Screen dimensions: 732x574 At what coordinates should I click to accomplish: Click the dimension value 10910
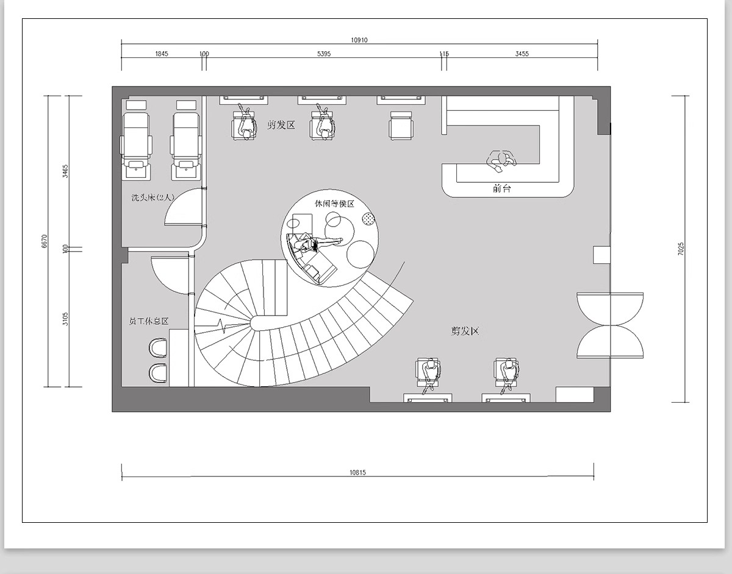click(359, 40)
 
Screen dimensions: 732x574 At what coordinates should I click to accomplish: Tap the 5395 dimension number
click(324, 54)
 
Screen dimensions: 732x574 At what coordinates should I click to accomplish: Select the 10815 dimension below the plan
click(357, 472)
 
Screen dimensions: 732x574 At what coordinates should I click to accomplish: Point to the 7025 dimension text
click(681, 249)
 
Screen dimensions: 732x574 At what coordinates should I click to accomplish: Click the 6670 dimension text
click(45, 241)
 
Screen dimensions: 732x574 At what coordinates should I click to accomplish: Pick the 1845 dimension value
click(162, 54)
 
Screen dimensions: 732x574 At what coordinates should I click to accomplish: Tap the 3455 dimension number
click(522, 54)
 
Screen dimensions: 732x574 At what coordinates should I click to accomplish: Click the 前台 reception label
click(501, 188)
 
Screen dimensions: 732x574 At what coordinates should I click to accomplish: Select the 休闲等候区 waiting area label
click(334, 204)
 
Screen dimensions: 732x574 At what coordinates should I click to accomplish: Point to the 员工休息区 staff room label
click(149, 321)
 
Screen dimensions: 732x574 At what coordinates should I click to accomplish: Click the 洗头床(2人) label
click(152, 197)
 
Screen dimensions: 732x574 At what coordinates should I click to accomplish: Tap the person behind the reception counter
click(501, 161)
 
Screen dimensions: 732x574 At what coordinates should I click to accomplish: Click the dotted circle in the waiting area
click(368, 219)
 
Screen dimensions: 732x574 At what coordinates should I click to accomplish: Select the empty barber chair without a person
click(401, 126)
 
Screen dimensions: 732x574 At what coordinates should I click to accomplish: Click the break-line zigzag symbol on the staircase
click(223, 325)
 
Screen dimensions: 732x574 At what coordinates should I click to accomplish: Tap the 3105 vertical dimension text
click(65, 319)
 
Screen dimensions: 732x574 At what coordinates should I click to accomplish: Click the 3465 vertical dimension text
click(65, 171)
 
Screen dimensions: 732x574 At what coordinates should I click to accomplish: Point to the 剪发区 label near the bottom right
click(465, 331)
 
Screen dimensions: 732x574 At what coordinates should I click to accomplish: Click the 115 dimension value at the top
click(444, 54)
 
